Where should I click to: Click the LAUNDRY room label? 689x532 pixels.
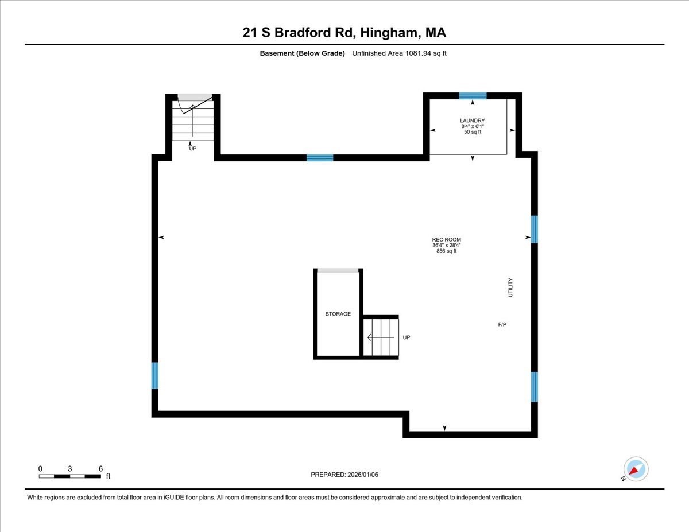click(472, 121)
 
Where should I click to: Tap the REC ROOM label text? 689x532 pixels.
click(446, 240)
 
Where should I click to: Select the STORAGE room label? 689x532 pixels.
click(338, 314)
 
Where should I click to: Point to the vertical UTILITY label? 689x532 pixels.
click(510, 288)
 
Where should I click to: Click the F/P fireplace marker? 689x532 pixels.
click(502, 325)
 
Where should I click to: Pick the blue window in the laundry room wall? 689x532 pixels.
click(473, 96)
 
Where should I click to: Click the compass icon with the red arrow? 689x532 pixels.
click(636, 469)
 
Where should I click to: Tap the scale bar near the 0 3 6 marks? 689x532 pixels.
click(69, 476)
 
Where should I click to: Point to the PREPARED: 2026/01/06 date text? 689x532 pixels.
click(344, 475)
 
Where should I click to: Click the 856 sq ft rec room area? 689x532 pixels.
click(446, 251)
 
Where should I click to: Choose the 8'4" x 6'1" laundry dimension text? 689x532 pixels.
click(472, 126)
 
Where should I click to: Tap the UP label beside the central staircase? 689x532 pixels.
click(407, 337)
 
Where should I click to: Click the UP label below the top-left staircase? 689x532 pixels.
click(193, 149)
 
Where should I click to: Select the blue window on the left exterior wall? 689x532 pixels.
click(154, 375)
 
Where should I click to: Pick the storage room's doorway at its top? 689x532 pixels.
click(338, 270)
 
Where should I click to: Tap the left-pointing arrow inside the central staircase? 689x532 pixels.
click(377, 337)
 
